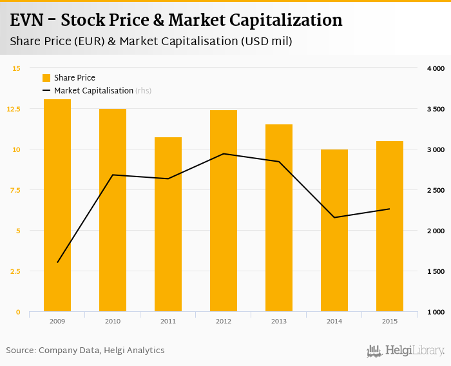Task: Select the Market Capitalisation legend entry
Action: coord(93,91)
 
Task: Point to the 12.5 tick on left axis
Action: coord(14,109)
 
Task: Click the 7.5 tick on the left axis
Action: coord(15,190)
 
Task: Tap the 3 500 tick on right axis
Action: coord(436,109)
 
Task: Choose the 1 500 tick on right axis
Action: coord(436,271)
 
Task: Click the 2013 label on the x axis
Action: coord(279,321)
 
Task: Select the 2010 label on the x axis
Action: coord(113,321)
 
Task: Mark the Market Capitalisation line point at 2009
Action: coord(57,262)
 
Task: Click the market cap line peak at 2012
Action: coord(224,153)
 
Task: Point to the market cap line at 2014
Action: coord(334,217)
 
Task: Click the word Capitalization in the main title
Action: coord(283,20)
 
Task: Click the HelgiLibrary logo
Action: coord(405,351)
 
